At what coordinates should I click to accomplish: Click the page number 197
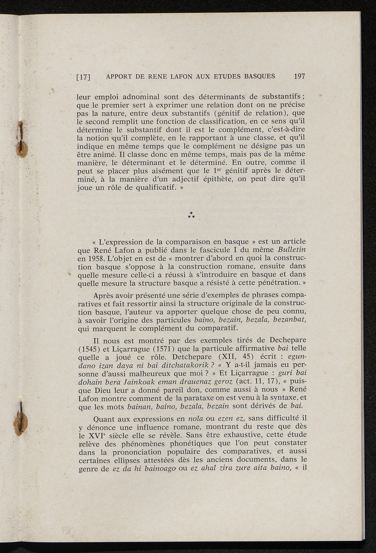299,77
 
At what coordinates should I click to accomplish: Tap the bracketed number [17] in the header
83,78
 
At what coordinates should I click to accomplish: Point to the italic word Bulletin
292,250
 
